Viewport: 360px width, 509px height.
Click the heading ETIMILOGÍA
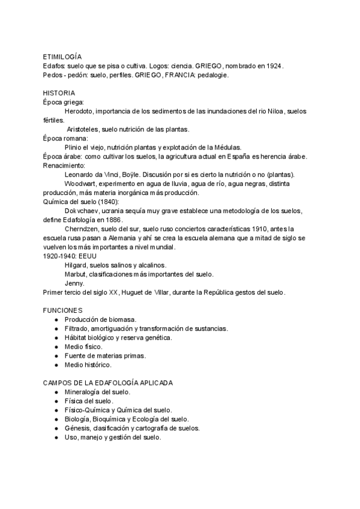coord(62,55)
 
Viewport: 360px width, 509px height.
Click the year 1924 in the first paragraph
coord(274,65)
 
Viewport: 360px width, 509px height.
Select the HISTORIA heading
coord(59,93)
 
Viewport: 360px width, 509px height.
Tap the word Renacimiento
coord(64,165)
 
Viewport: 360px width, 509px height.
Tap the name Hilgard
coord(76,265)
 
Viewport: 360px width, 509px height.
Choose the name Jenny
coord(74,283)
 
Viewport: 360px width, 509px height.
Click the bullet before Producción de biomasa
coord(55,319)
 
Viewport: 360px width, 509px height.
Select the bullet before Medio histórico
coord(55,364)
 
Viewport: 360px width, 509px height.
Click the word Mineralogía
coord(83,392)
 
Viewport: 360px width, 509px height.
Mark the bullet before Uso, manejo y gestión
coord(55,438)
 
